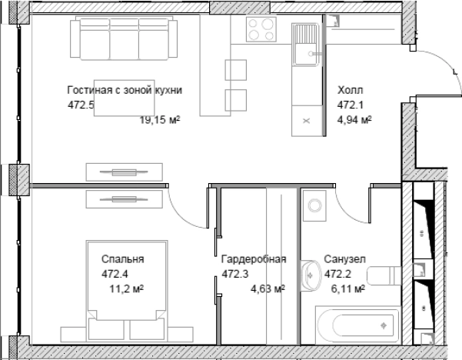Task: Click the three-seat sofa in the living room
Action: pos(124,38)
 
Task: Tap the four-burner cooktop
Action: pos(261,29)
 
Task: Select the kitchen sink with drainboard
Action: pos(305,45)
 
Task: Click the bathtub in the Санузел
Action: pos(358,325)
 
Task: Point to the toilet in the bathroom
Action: pos(384,275)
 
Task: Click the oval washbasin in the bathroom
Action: pos(311,275)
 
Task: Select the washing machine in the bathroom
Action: pos(314,205)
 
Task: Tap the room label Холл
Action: pos(350,90)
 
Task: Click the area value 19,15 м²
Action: pos(160,120)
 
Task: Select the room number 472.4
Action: pos(115,274)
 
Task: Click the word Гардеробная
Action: pos(254,259)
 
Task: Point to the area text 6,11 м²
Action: pos(348,289)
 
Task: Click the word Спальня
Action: pos(123,259)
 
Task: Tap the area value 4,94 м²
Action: pos(354,120)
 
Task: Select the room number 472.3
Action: pos(235,274)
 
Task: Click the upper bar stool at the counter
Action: pos(236,70)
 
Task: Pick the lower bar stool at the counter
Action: pos(236,100)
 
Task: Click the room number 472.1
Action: pos(351,105)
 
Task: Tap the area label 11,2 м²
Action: pos(127,289)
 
